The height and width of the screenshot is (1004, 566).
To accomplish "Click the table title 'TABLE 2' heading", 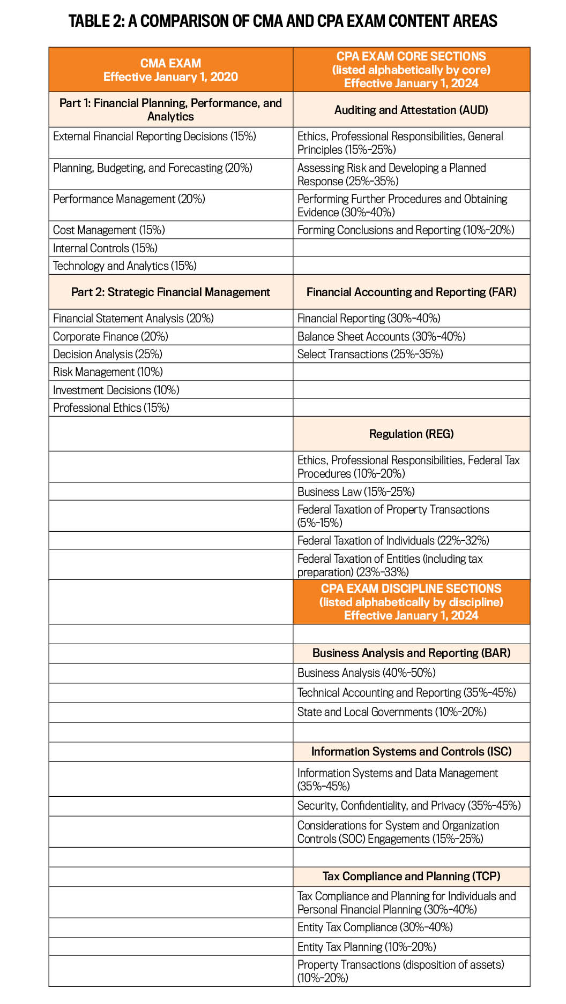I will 282,21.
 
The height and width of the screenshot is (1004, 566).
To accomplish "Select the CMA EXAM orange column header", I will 170,70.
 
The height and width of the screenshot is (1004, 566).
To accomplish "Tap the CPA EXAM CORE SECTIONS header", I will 411,70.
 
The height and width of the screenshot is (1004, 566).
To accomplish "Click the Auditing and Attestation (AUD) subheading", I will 411,110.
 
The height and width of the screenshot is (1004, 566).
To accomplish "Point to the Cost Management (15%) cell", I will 109,230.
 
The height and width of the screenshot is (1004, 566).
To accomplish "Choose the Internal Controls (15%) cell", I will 105,248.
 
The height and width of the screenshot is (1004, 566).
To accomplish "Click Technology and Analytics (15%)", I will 124,266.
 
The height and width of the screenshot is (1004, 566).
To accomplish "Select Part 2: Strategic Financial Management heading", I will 170,292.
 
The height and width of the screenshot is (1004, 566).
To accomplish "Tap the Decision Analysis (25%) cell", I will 107,354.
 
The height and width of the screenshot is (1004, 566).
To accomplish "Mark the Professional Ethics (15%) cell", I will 111,407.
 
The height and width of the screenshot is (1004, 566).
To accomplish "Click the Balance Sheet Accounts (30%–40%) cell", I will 381,336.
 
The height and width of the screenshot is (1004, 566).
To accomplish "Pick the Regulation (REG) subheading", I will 411,434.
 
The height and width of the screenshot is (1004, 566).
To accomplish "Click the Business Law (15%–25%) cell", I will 356,492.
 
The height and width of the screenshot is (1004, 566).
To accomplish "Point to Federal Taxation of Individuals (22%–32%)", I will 393,540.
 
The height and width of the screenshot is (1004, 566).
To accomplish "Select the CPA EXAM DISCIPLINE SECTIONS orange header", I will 411,602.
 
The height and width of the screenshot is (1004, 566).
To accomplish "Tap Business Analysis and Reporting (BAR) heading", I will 411,653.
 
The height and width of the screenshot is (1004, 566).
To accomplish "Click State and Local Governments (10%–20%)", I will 392,712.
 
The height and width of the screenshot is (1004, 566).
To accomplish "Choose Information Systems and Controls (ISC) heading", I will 411,751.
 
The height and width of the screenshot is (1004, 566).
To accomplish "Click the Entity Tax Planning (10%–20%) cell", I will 367,947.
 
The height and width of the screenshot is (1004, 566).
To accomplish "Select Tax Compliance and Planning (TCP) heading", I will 411,876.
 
